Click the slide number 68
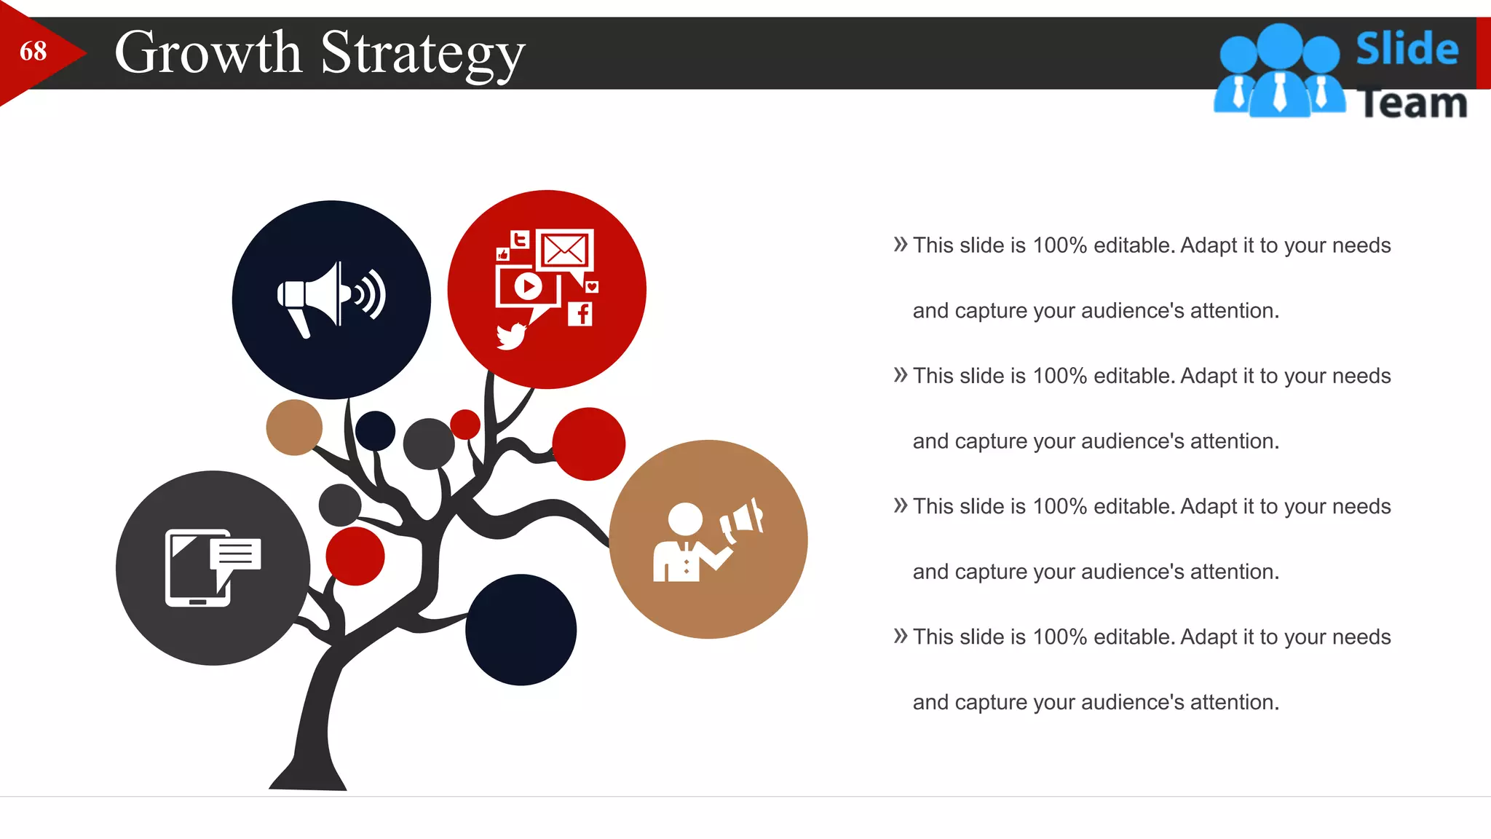click(x=33, y=51)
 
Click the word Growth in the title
click(x=208, y=52)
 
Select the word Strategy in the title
click(x=422, y=54)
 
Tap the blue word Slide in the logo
click(x=1407, y=50)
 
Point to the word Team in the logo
click(x=1413, y=103)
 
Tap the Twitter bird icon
click(x=511, y=336)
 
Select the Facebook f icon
click(x=580, y=314)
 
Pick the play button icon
click(x=528, y=285)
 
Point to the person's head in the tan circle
click(x=685, y=519)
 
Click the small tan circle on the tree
click(x=294, y=428)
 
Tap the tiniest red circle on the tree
click(x=465, y=424)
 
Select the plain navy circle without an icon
click(x=521, y=630)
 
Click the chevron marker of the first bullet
click(x=901, y=244)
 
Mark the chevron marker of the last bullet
click(x=901, y=636)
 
